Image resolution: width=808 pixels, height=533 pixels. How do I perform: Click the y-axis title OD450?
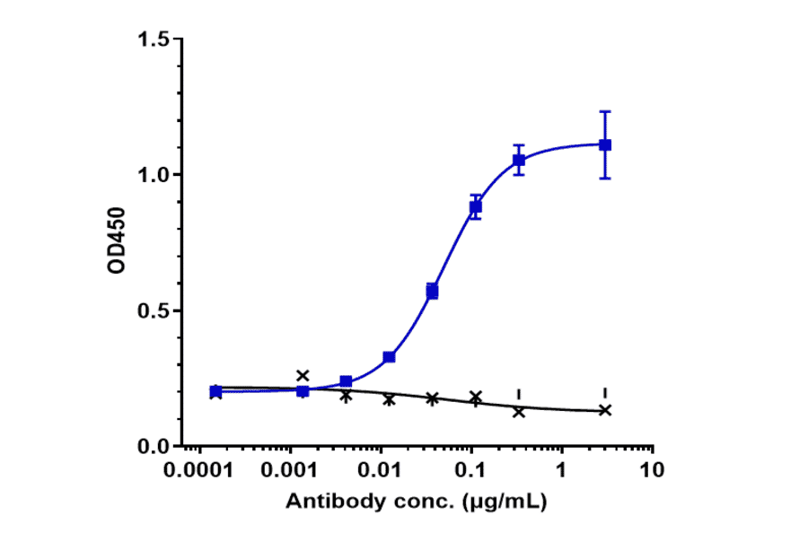point(117,243)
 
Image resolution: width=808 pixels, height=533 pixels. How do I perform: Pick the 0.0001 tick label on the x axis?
point(199,470)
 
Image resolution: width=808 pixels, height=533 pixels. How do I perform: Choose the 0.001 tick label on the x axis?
point(290,470)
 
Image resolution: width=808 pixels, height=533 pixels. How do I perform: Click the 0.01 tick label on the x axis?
point(381,470)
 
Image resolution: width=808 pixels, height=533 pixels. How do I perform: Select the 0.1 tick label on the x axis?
point(471,470)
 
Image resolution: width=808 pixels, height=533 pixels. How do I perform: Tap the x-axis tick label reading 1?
point(562,470)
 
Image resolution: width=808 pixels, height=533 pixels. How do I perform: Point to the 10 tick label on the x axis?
point(653,470)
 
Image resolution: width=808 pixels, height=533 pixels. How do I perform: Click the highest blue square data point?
point(605,144)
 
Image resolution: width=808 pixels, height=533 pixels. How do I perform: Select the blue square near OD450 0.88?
point(476,207)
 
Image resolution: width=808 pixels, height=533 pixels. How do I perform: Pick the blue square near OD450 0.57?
point(432,291)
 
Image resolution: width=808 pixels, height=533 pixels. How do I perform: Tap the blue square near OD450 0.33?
point(389,357)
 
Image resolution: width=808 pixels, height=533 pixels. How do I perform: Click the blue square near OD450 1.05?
point(519,161)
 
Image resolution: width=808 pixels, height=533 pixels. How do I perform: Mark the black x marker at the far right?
point(605,410)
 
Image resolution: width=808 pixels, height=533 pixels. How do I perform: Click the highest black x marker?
point(303,375)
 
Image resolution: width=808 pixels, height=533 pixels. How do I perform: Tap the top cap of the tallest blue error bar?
point(605,111)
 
